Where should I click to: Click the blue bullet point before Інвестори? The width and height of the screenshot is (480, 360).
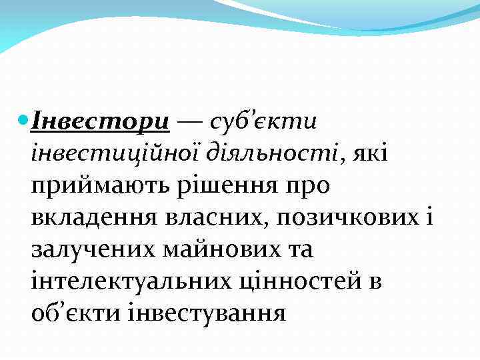coord(23,123)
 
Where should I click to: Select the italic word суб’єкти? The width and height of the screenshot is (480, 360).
coord(263,123)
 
